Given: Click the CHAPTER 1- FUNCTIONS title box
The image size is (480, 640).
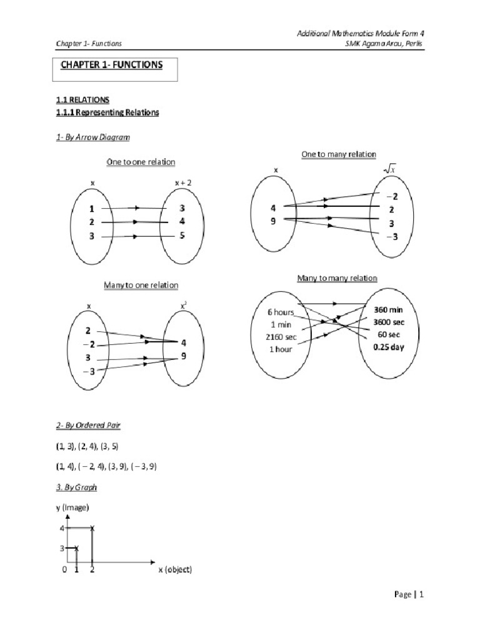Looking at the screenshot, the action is (x=114, y=69).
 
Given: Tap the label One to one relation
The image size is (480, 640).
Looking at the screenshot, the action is (x=141, y=162).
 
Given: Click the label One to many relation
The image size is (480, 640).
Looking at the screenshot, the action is (x=339, y=154).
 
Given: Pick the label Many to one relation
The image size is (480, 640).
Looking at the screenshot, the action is (x=141, y=285).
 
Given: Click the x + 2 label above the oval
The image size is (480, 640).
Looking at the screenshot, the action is (x=183, y=182).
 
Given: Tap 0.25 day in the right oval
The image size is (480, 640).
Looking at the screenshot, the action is (x=388, y=347).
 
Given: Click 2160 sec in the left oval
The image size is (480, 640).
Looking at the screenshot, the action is (x=281, y=337).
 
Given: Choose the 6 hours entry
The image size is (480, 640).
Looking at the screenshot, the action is (x=281, y=312).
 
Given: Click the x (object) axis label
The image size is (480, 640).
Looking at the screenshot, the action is (x=174, y=570).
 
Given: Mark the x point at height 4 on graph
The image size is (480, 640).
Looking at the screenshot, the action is (x=92, y=529).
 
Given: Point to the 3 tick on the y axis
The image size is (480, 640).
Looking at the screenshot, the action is (x=62, y=548).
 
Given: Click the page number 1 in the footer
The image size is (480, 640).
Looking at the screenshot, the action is (x=422, y=595).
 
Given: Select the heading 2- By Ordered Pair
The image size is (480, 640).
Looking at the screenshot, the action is (x=88, y=426).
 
